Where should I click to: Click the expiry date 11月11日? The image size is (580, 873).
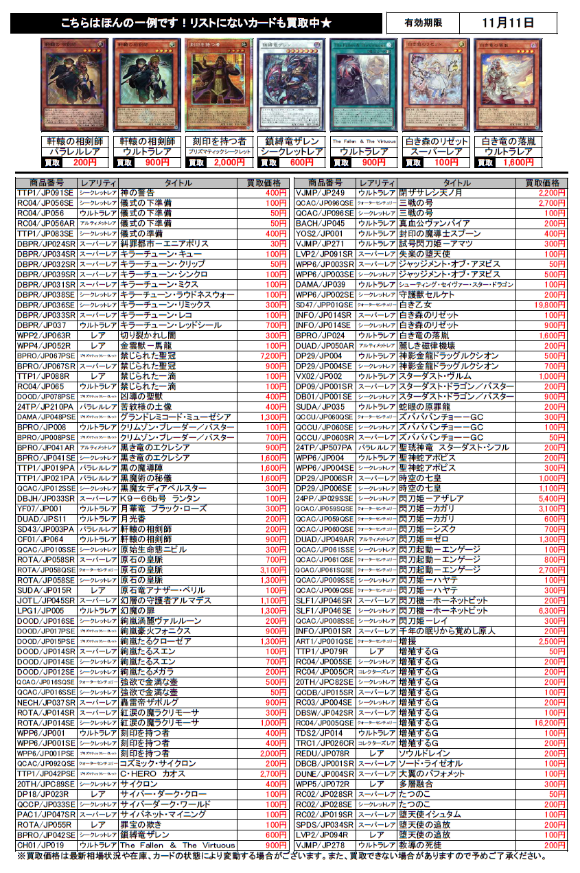[508, 23]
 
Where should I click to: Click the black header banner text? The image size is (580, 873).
[196, 23]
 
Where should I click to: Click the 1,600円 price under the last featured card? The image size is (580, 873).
[517, 163]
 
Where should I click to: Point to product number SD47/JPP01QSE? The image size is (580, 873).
[324, 305]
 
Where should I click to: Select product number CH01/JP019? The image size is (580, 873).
[45, 845]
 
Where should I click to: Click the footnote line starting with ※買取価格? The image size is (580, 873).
[288, 856]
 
